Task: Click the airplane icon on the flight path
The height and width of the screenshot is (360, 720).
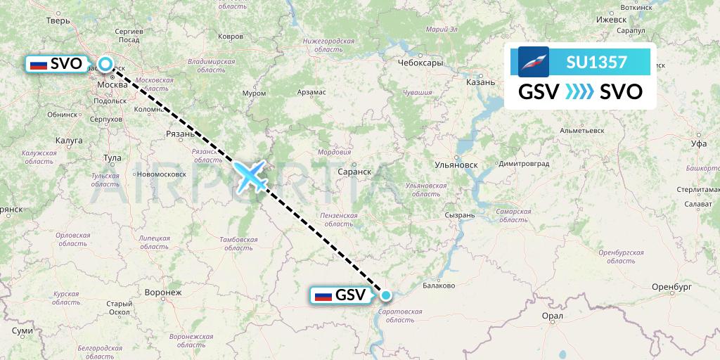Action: click(251, 175)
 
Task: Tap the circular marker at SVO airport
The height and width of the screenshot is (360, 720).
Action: click(105, 65)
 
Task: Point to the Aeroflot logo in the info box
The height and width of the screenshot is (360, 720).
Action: click(534, 62)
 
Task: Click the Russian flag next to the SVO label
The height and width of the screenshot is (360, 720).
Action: click(39, 65)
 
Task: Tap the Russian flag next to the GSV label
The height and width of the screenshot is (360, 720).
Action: click(323, 295)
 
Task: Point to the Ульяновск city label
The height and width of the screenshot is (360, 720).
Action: click(456, 165)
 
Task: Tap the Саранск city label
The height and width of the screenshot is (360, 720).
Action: click(354, 171)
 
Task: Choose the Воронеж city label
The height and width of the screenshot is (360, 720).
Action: click(162, 292)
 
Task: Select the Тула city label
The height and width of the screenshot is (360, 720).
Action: click(112, 157)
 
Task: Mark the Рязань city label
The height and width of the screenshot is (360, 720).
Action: click(180, 134)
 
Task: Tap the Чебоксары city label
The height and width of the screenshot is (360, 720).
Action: click(420, 63)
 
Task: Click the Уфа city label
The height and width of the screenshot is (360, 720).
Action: click(698, 143)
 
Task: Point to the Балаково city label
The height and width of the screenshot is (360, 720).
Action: click(439, 285)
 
